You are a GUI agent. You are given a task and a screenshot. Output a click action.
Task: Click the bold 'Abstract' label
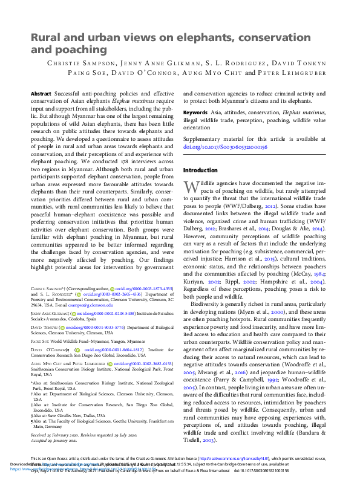coord(41,95)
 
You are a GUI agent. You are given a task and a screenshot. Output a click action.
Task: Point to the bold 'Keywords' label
coord(196,112)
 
